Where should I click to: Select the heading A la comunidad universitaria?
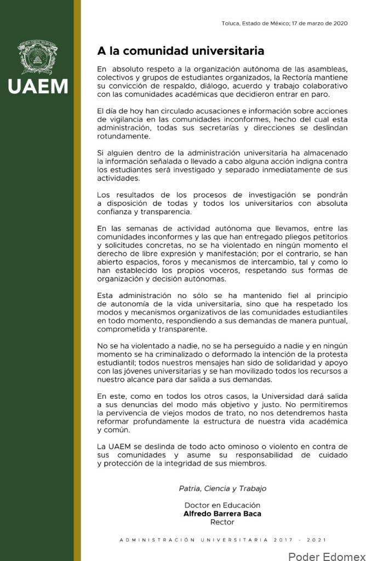tap(181, 51)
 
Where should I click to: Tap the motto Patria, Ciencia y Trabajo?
tap(222, 488)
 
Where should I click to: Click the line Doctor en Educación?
tap(222, 505)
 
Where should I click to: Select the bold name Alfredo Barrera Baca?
tap(222, 514)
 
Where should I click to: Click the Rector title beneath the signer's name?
tap(222, 522)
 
